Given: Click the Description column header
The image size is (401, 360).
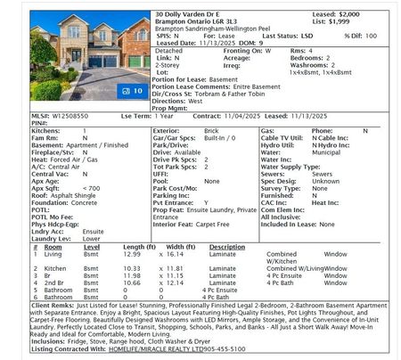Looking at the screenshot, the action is pos(226,247).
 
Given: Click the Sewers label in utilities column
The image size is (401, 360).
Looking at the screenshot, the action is pos(272,174).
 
